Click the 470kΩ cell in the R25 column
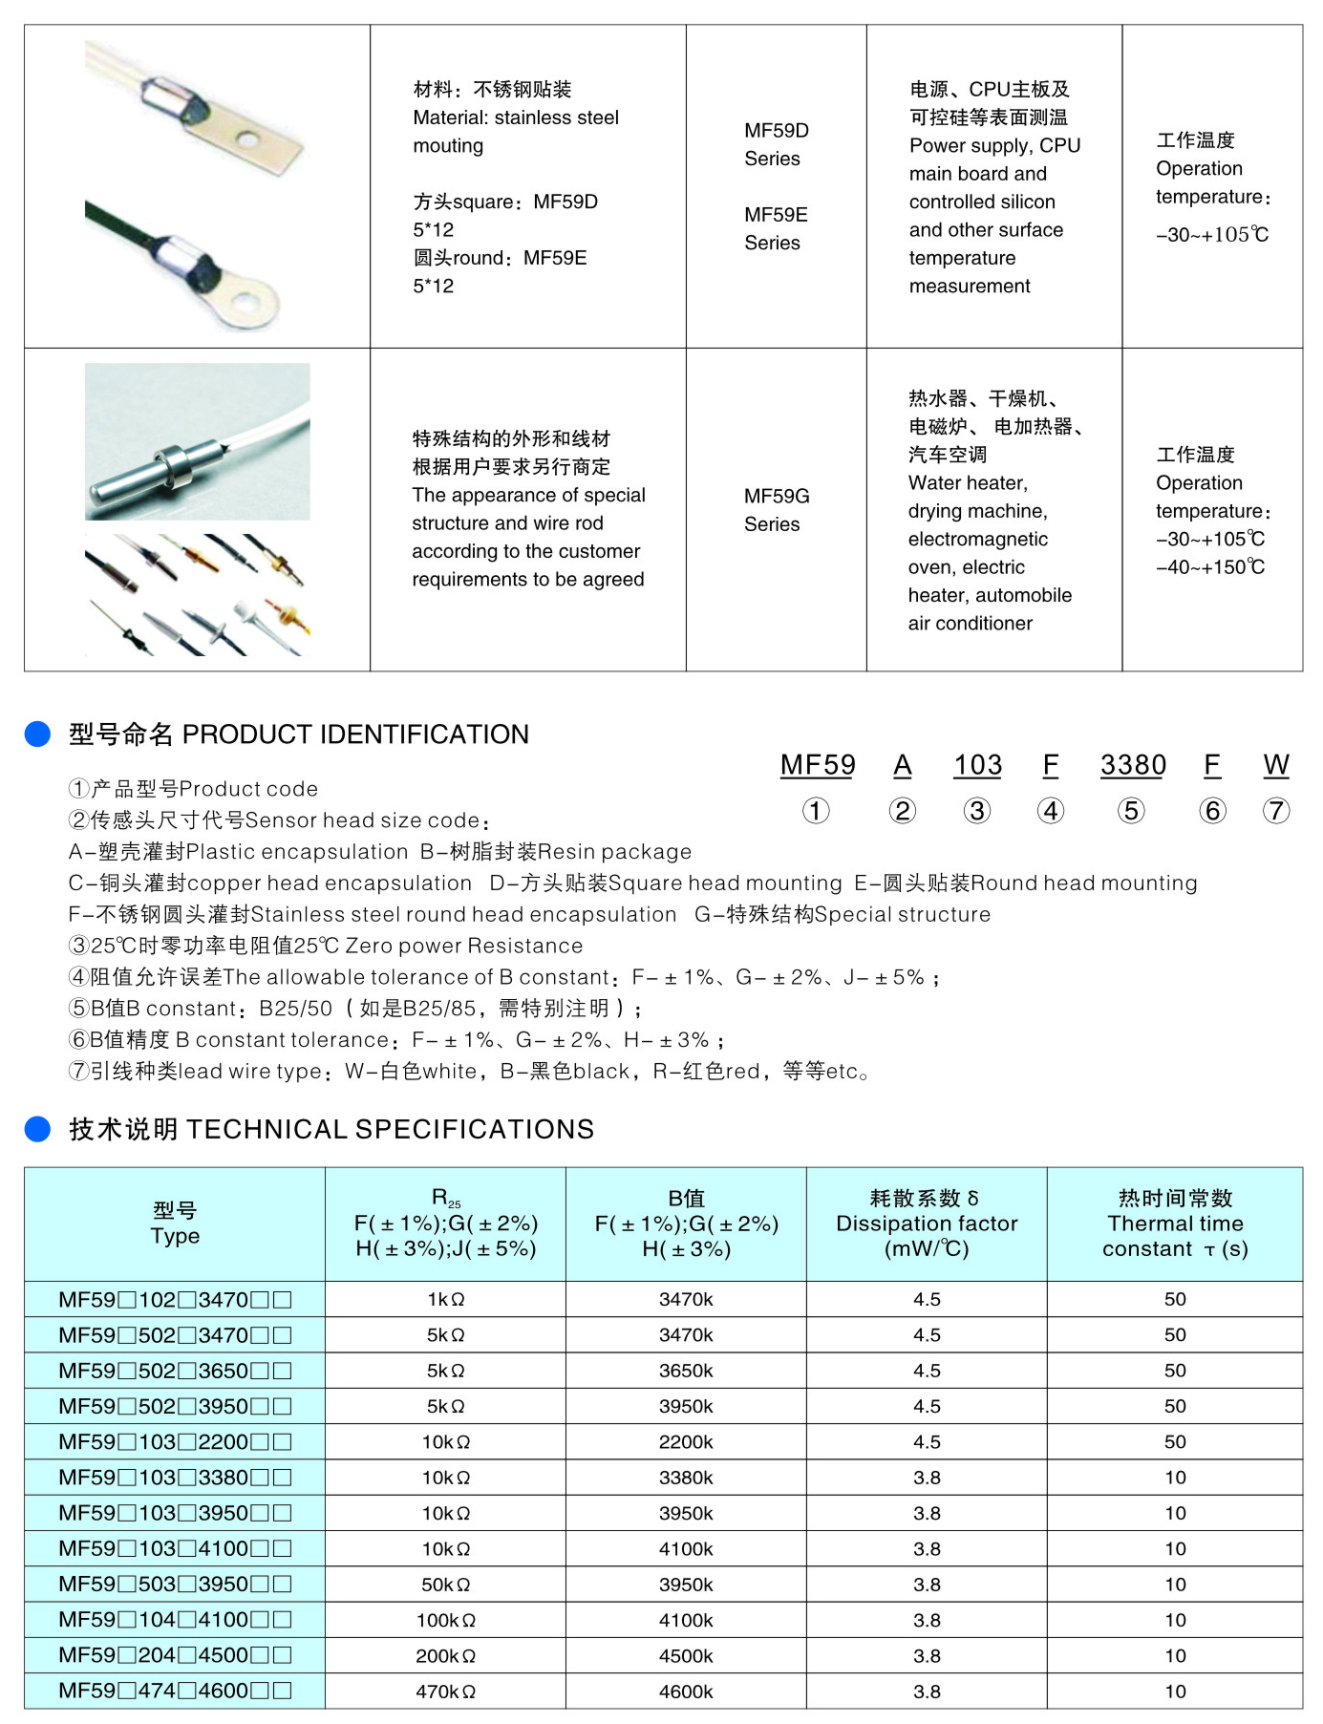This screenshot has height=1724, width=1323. pyautogui.click(x=445, y=1692)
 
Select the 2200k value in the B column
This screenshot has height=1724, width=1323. pyautogui.click(x=686, y=1442)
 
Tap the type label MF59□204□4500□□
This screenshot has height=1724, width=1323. pyautogui.click(x=175, y=1656)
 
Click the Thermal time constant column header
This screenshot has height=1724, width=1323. pyautogui.click(x=1175, y=1224)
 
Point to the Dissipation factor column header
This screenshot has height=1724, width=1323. pyautogui.click(x=927, y=1224)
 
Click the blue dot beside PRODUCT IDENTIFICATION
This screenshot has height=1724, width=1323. pyautogui.click(x=37, y=734)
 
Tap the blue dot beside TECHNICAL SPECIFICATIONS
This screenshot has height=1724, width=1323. pyautogui.click(x=37, y=1129)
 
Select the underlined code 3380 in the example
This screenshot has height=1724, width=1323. pyautogui.click(x=1133, y=765)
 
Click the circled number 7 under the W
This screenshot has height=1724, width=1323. pyautogui.click(x=1276, y=811)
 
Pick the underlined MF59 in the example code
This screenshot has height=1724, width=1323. pyautogui.click(x=818, y=765)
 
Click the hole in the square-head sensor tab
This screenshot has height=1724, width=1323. pyautogui.click(x=248, y=141)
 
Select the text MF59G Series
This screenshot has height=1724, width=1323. pyautogui.click(x=776, y=510)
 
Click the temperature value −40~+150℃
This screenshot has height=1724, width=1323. pyautogui.click(x=1210, y=567)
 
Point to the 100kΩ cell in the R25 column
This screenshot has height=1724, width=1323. pyautogui.click(x=445, y=1621)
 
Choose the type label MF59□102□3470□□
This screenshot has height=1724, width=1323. pyautogui.click(x=175, y=1300)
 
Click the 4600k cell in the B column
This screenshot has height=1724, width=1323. pyautogui.click(x=686, y=1692)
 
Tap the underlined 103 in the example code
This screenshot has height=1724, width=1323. pyautogui.click(x=977, y=765)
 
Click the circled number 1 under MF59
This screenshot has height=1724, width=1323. pyautogui.click(x=816, y=811)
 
